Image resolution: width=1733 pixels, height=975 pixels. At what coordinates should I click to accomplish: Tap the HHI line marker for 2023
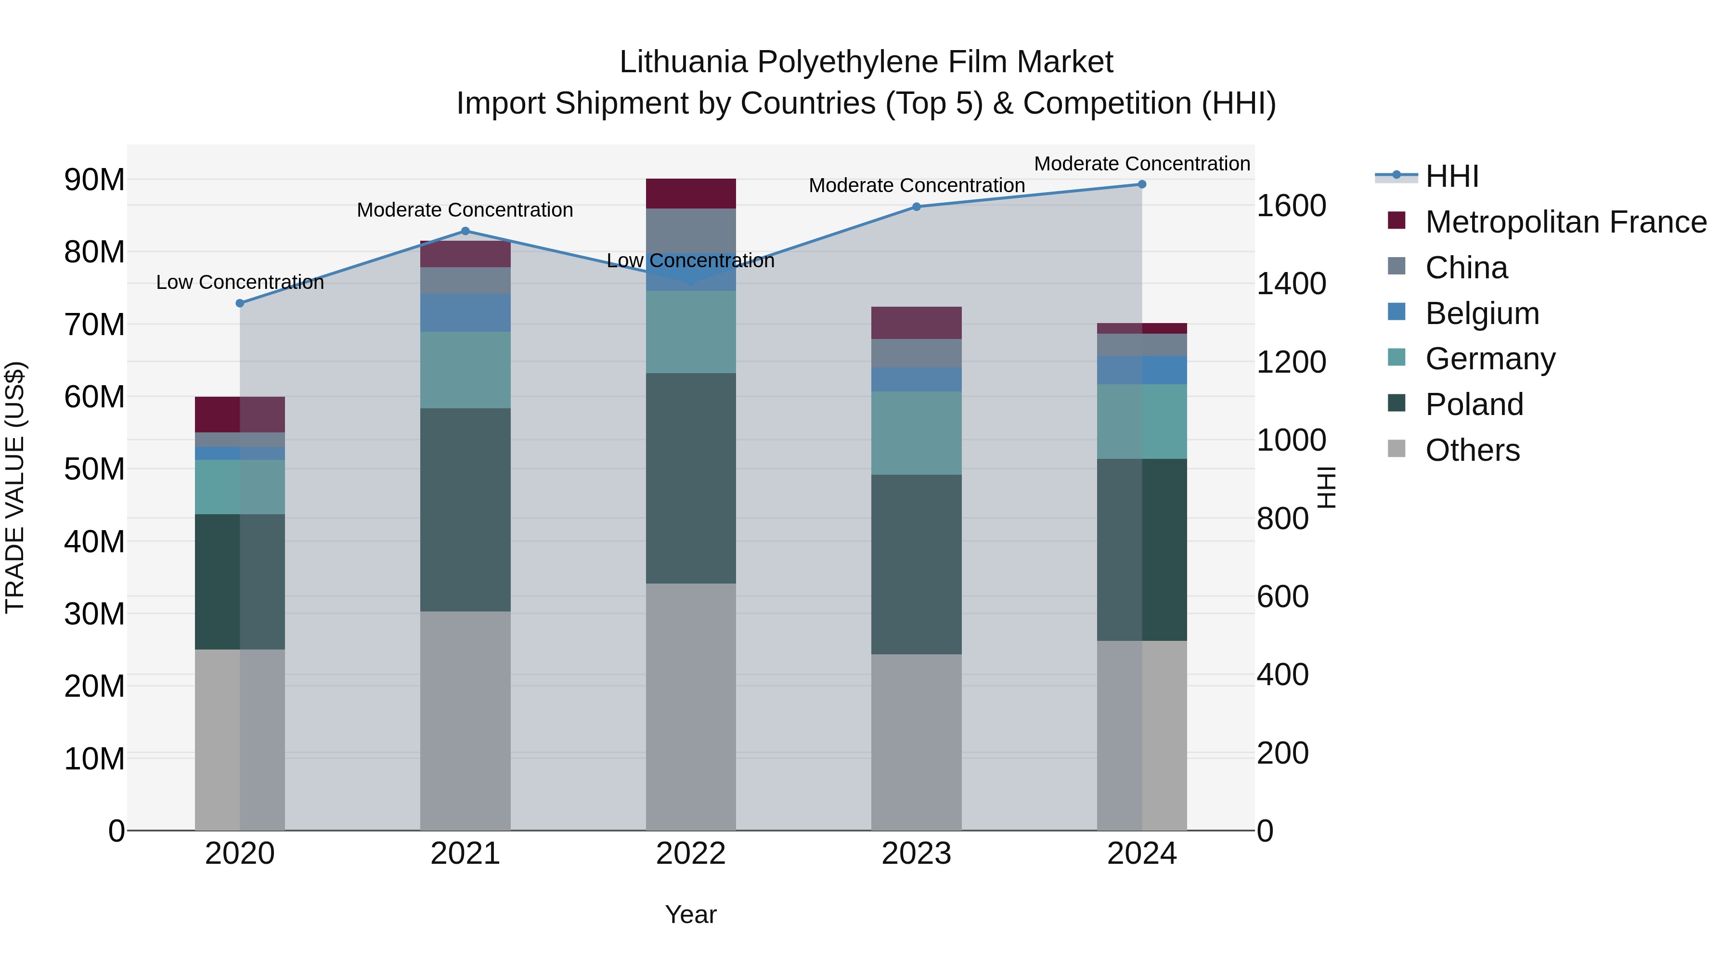point(916,207)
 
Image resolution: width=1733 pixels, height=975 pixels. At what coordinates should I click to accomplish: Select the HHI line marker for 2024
point(1142,184)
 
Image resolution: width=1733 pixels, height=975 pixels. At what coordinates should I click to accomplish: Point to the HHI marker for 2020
point(240,303)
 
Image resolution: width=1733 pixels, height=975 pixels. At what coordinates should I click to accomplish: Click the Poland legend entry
point(1474,404)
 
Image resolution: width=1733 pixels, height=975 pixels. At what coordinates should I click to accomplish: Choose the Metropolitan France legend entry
point(1565,222)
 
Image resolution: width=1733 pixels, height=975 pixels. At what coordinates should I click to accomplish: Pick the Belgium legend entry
point(1481,313)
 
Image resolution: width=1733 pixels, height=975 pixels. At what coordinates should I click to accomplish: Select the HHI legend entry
point(1452,176)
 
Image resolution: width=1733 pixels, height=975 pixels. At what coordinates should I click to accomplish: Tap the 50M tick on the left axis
point(94,469)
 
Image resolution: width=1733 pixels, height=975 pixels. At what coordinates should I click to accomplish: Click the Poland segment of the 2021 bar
point(465,509)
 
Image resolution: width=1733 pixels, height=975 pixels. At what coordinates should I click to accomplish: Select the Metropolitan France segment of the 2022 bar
point(690,194)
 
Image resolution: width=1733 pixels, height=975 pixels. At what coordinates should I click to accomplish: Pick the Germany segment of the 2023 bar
point(916,433)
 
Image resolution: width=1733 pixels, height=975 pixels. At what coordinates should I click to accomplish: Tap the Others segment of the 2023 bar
point(916,741)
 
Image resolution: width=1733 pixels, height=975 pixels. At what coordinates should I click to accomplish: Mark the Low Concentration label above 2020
point(240,283)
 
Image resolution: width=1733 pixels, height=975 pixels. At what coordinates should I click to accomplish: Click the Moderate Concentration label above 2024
point(1142,164)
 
